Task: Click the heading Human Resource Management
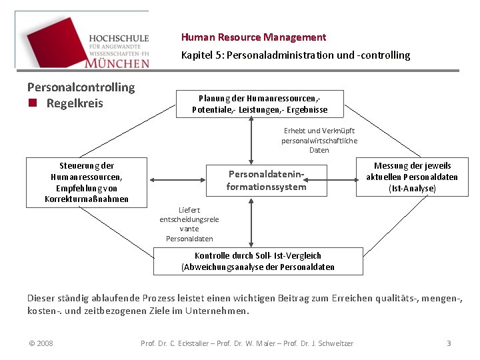coord(253,37)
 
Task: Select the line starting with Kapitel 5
coord(295,55)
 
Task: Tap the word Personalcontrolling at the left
coord(81,87)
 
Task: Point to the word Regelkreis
coord(75,103)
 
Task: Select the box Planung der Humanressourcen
coord(259,103)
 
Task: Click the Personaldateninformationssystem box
coord(266,181)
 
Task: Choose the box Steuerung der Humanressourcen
coord(87,182)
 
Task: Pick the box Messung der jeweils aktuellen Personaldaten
coord(412,177)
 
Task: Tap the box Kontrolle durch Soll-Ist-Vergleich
coord(258,261)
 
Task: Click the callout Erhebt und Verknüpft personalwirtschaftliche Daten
coord(319,141)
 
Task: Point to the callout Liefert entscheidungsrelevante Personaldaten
coord(189,224)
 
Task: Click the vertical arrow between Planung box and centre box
coord(251,141)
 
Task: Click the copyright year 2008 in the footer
coord(41,343)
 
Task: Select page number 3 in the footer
coord(449,343)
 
